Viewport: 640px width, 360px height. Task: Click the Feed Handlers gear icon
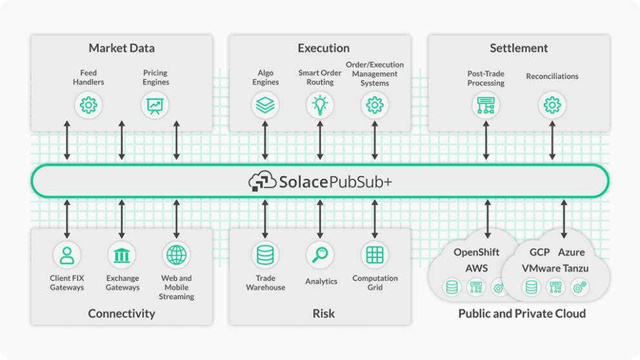click(x=88, y=105)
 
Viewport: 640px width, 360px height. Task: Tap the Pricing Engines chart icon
click(x=155, y=105)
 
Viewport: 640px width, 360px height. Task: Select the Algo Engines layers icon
click(x=265, y=105)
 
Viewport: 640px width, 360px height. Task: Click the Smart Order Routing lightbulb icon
click(x=320, y=105)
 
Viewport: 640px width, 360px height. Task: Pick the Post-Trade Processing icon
click(x=485, y=105)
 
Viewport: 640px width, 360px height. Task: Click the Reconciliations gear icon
click(x=552, y=105)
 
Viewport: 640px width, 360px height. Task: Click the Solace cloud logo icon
click(x=262, y=182)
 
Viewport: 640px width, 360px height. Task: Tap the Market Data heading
click(x=121, y=48)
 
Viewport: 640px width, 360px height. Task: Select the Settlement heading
click(x=519, y=48)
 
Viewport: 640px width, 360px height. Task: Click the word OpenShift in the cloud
click(x=476, y=252)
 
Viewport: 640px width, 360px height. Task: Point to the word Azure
click(x=572, y=252)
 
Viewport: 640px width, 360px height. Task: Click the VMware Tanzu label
click(x=555, y=268)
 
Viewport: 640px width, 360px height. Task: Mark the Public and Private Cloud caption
click(x=522, y=314)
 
